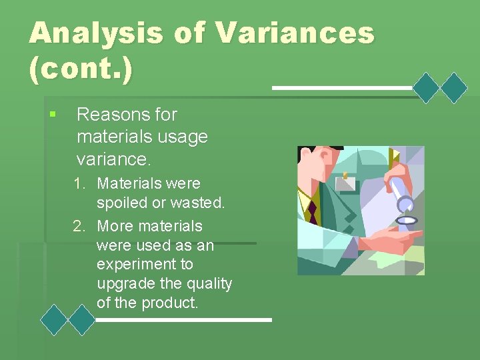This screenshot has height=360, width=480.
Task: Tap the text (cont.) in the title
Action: coord(80,70)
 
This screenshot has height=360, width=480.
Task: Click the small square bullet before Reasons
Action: coord(53,115)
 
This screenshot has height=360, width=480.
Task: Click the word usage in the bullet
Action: coord(181,137)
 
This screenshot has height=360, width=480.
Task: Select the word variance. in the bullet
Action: coord(114,160)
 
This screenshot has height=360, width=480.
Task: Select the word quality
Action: coord(208,284)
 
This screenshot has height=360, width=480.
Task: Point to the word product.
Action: coord(173,303)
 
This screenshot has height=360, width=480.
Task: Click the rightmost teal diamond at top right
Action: coord(455,87)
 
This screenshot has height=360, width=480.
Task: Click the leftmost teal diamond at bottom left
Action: coord(54,319)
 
